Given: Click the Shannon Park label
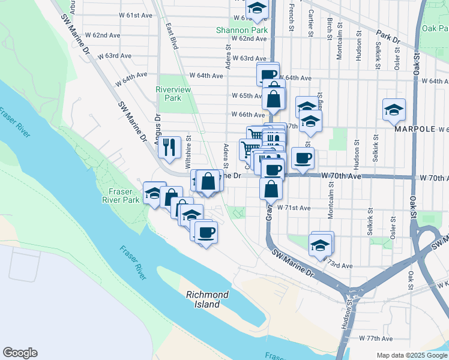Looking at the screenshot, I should click(242, 29).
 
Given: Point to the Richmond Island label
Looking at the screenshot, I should click(207, 299).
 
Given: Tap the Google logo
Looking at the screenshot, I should click(20, 353).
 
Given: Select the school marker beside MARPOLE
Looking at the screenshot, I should click(394, 110).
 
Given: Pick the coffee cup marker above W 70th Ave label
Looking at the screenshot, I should click(303, 159).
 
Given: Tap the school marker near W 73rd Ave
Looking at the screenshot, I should click(321, 245).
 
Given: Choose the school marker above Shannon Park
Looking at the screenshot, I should click(257, 8).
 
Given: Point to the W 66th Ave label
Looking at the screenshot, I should click(248, 115).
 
